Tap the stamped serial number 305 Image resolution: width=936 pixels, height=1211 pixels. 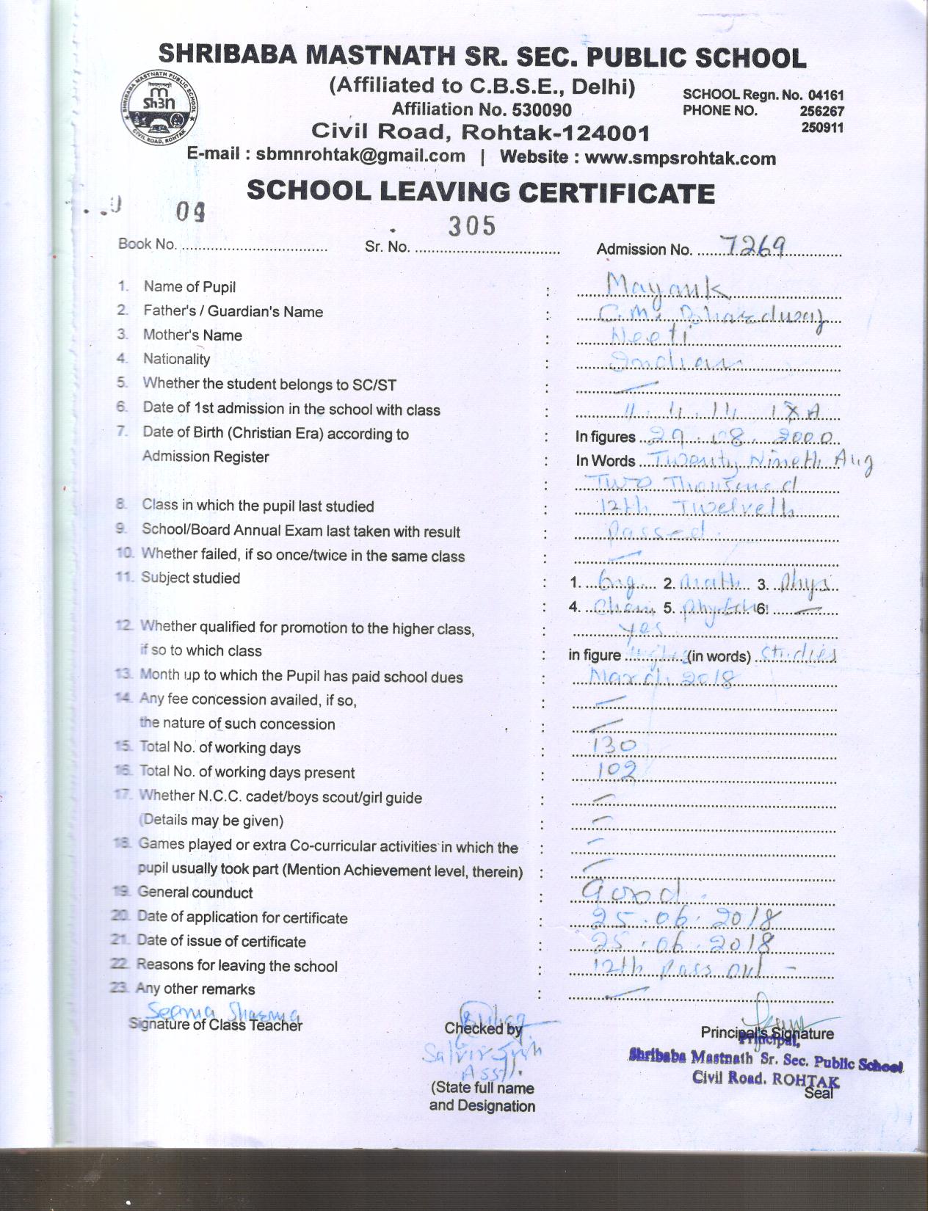coord(472,226)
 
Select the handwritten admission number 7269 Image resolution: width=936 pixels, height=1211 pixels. coord(753,246)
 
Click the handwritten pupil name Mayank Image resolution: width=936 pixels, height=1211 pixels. coord(667,286)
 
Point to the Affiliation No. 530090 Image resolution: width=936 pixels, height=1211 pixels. coord(481,109)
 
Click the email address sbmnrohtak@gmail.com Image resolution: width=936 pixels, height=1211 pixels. coord(360,156)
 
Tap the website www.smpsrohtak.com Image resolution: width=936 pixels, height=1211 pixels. coord(680,158)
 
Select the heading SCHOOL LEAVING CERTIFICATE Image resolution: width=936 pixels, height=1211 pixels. coord(481,192)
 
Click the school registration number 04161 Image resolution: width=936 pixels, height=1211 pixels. coord(825,95)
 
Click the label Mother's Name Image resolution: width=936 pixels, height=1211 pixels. coord(192,335)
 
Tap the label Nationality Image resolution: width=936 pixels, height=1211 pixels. coord(176,360)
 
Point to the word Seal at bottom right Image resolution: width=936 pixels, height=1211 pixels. coord(819,1093)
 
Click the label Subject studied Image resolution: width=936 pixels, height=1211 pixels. coord(190,578)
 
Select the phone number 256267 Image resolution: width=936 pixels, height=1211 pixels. coord(822,112)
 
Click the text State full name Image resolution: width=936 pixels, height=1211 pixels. coord(482,1088)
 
